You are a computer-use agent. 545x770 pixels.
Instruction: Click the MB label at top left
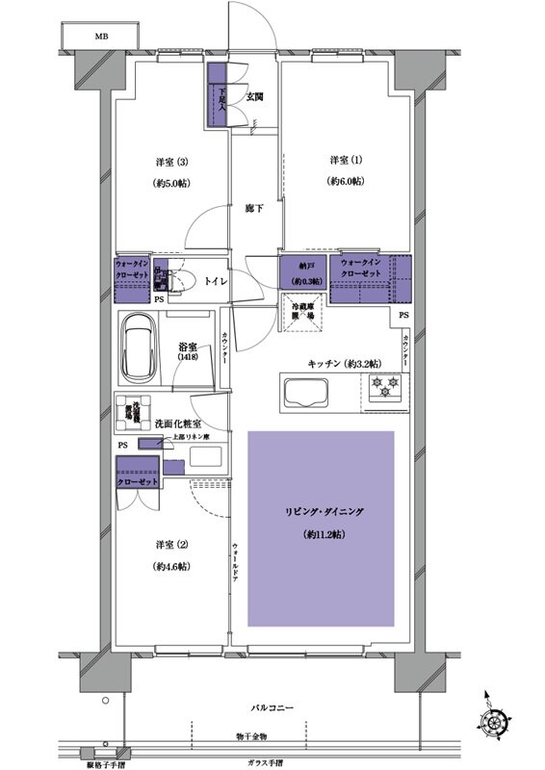coord(101,37)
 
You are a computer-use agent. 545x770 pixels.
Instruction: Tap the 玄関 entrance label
coord(253,97)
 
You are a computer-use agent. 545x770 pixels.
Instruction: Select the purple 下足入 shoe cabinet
coord(217,94)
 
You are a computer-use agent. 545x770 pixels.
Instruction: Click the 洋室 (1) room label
coord(344,159)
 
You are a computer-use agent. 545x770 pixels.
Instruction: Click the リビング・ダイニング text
coord(323,512)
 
